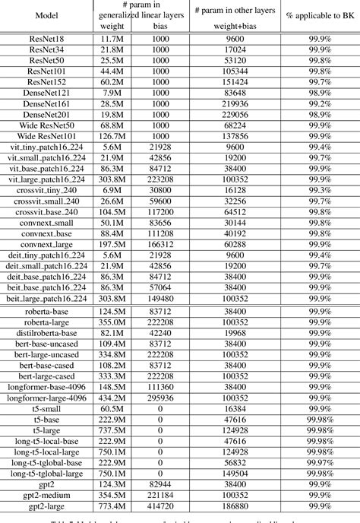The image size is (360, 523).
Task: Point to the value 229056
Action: click(x=235, y=113)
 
